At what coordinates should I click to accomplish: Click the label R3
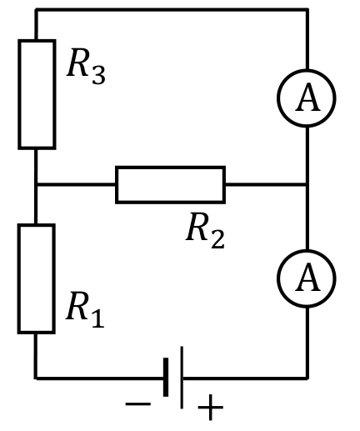[x=86, y=67]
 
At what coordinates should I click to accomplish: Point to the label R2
[x=205, y=230]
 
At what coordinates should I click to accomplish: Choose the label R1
[x=85, y=309]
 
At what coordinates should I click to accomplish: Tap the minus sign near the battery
[x=138, y=403]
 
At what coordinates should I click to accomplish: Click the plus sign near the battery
[x=210, y=408]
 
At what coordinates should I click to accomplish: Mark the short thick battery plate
[x=166, y=377]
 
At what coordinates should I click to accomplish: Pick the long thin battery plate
[x=182, y=378]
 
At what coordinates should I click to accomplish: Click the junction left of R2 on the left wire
[x=36, y=184]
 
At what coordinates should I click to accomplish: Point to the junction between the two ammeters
[x=307, y=184]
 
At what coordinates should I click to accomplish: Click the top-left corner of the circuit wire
[x=36, y=10]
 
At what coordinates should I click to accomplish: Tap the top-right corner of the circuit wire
[x=307, y=10]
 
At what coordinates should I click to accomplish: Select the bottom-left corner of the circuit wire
[x=36, y=378]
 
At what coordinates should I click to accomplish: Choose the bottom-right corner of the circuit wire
[x=307, y=378]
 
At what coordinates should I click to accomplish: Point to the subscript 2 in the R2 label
[x=217, y=238]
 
